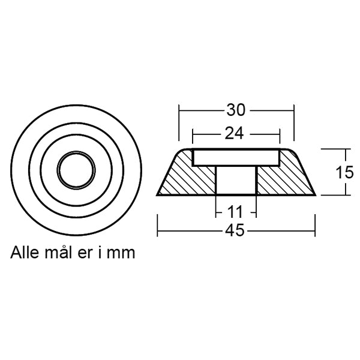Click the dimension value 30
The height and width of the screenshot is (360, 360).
click(235, 111)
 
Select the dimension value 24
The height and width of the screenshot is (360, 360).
click(236, 133)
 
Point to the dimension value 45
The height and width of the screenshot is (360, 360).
click(236, 231)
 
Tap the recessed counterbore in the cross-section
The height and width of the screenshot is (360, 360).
click(236, 158)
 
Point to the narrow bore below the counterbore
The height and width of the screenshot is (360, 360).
click(236, 180)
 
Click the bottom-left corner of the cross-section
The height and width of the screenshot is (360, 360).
click(157, 195)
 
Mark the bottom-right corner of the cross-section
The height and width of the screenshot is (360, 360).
click(315, 195)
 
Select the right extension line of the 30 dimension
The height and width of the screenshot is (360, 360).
click(295, 123)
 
